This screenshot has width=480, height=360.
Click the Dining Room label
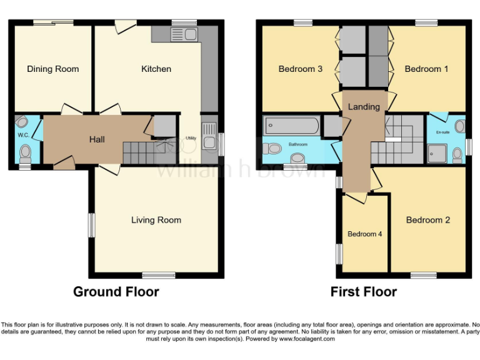52,69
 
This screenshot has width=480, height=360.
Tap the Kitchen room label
156,69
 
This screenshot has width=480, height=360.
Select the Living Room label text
156,220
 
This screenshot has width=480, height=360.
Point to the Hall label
97,139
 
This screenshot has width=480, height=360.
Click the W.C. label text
24,134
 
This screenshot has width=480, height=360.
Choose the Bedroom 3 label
300,69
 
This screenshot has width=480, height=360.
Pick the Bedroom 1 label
426,69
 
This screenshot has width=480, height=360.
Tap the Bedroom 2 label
427,220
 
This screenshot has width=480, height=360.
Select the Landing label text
364,107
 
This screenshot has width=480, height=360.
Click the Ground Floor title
116,292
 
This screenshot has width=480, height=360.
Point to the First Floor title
364,292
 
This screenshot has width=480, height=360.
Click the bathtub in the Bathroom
291,126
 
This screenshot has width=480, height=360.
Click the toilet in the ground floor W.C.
25,152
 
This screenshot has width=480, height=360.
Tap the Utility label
190,138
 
